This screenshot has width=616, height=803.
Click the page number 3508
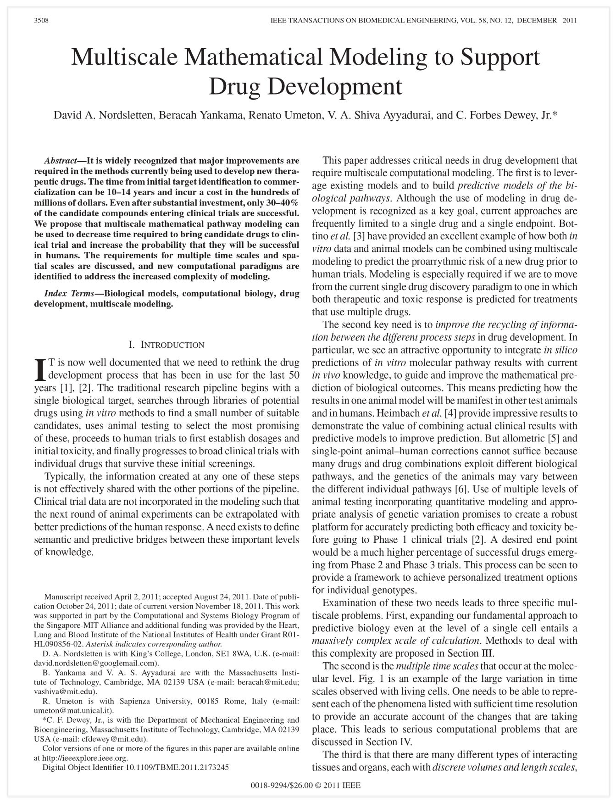click(42, 21)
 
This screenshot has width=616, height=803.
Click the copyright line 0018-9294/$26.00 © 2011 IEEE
click(305, 785)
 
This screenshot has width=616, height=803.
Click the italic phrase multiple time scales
click(437, 666)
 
